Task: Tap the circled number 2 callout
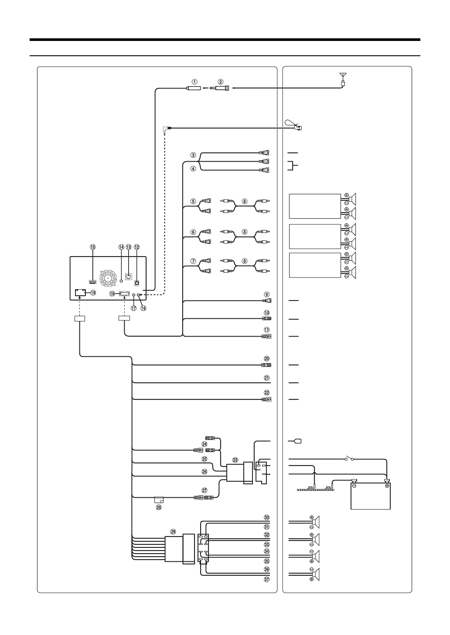pyautogui.click(x=221, y=81)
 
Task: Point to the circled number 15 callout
pyautogui.click(x=92, y=247)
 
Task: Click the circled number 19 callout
pyautogui.click(x=93, y=293)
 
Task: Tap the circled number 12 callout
pyautogui.click(x=136, y=247)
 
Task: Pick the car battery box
pyautogui.click(x=371, y=493)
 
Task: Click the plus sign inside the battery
pyautogui.click(x=387, y=485)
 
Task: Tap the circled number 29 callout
pyautogui.click(x=173, y=532)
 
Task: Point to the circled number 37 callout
pyautogui.click(x=267, y=579)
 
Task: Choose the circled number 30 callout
pyautogui.click(x=267, y=517)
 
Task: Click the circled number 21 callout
pyautogui.click(x=267, y=378)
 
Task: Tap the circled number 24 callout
pyautogui.click(x=204, y=444)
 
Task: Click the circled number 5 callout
pyautogui.click(x=193, y=202)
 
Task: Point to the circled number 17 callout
pyautogui.click(x=133, y=308)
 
